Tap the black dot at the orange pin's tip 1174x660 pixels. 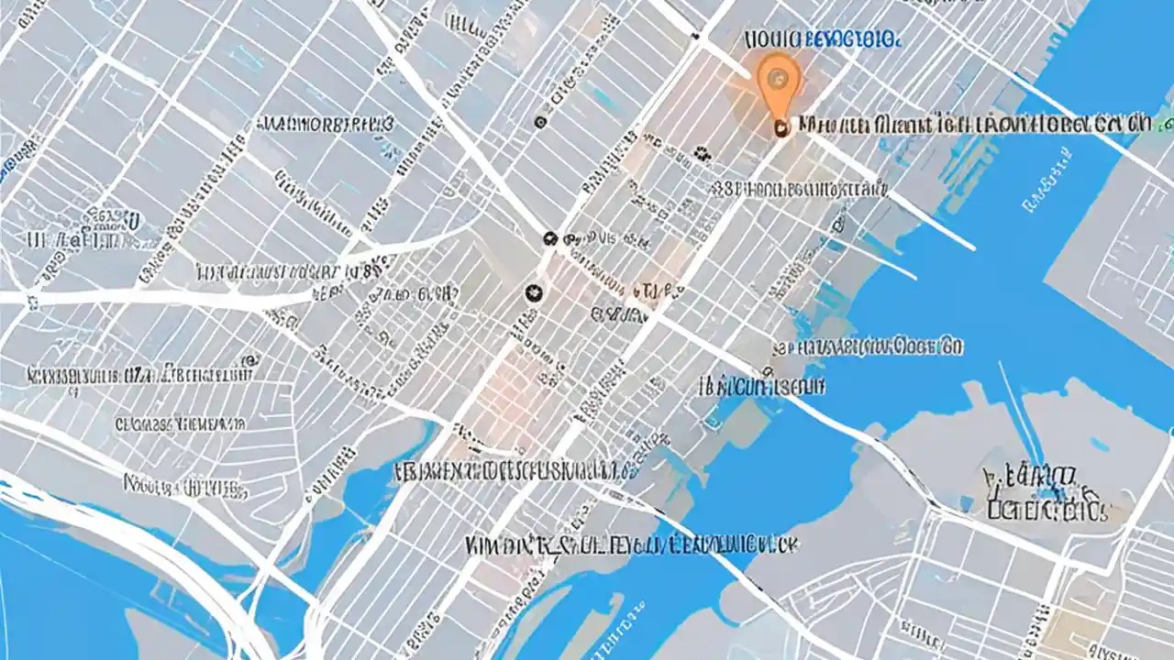[781, 129]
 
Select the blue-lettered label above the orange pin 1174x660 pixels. [822, 39]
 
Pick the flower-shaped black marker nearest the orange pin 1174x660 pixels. [702, 153]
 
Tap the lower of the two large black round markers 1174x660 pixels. [530, 292]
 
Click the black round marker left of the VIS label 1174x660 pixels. [549, 238]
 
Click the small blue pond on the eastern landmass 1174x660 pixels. [1098, 445]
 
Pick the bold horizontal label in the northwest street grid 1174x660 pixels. [326, 125]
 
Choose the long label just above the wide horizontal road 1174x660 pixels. [289, 271]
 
